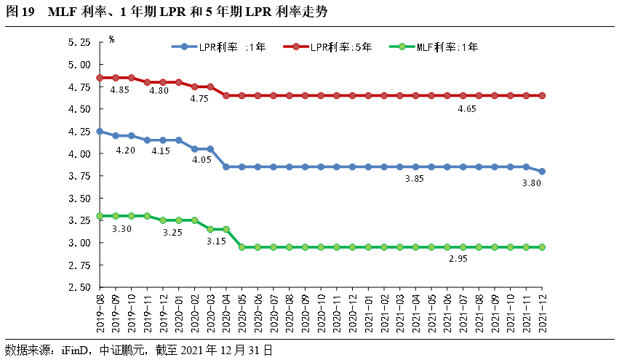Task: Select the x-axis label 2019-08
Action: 100,312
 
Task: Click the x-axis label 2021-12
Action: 542,312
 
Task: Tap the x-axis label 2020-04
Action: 225,312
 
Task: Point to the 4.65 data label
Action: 467,109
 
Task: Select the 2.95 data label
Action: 458,260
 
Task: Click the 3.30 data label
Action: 121,229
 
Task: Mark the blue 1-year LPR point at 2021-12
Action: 542,172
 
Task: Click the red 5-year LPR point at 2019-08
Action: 100,78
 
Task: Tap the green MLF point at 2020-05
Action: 241,247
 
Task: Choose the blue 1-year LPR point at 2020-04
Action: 225,167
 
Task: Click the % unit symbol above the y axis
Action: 111,39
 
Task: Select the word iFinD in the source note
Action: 75,349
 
